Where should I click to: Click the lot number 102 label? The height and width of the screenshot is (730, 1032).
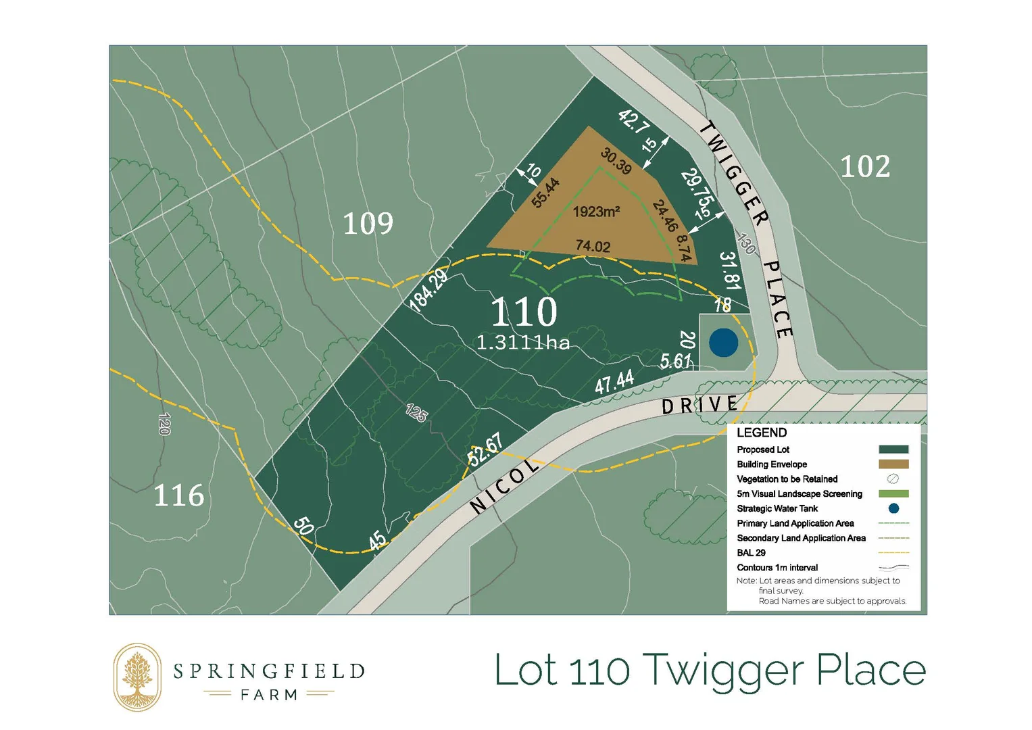coord(865,167)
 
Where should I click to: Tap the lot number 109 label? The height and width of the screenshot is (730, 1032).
coord(368,224)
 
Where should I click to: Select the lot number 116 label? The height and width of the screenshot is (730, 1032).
coord(179,495)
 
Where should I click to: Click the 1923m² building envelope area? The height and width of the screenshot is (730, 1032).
coord(596,212)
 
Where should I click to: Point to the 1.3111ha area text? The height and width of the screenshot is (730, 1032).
coord(523,343)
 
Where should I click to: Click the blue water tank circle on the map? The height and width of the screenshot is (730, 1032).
coord(723,343)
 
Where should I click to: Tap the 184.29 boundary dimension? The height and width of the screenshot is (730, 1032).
coord(428,289)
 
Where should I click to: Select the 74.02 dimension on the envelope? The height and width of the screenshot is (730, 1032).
coord(593,246)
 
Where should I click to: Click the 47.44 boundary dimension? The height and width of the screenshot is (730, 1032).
coord(614,382)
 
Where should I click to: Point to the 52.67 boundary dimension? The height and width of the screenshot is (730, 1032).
coord(485,449)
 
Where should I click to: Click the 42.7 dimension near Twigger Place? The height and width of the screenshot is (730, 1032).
coord(634,122)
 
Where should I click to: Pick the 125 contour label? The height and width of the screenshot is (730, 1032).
coord(416,412)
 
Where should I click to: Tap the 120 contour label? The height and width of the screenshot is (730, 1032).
coord(164,424)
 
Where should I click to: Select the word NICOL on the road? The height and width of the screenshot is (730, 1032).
coord(504,485)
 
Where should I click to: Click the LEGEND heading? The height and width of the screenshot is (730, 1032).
coord(762,433)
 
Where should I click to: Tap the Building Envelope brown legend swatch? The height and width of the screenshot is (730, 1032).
coord(893,464)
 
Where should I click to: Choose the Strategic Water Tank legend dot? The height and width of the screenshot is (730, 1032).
coord(893,508)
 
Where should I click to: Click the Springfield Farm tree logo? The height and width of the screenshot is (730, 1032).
coord(137,677)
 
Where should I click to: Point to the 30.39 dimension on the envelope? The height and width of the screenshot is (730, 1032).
coord(616,162)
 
